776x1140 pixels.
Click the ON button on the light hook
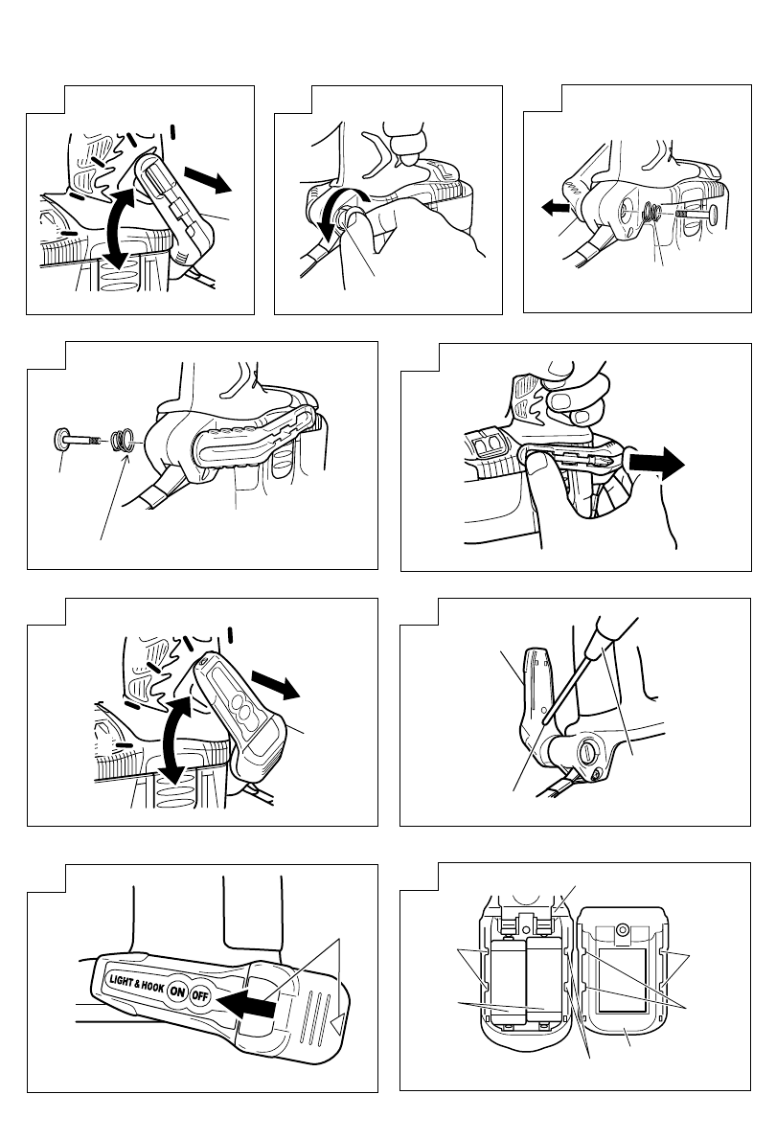pyautogui.click(x=176, y=992)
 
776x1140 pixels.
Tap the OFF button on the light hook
pyautogui.click(x=199, y=995)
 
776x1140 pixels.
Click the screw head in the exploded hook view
pyautogui.click(x=63, y=440)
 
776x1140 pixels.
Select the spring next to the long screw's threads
pyautogui.click(x=120, y=442)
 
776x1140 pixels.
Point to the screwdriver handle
pyautogui.click(x=613, y=635)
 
